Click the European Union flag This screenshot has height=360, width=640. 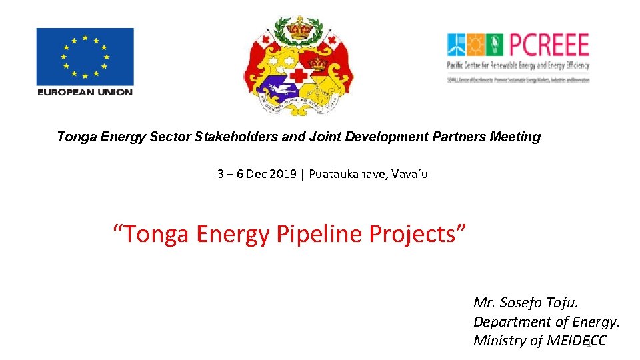pos(85,56)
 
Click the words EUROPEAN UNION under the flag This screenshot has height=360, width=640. pos(85,92)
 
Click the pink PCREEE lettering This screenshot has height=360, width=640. pos(549,45)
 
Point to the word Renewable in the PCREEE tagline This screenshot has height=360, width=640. pos(513,65)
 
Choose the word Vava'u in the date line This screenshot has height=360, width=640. pos(410,174)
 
